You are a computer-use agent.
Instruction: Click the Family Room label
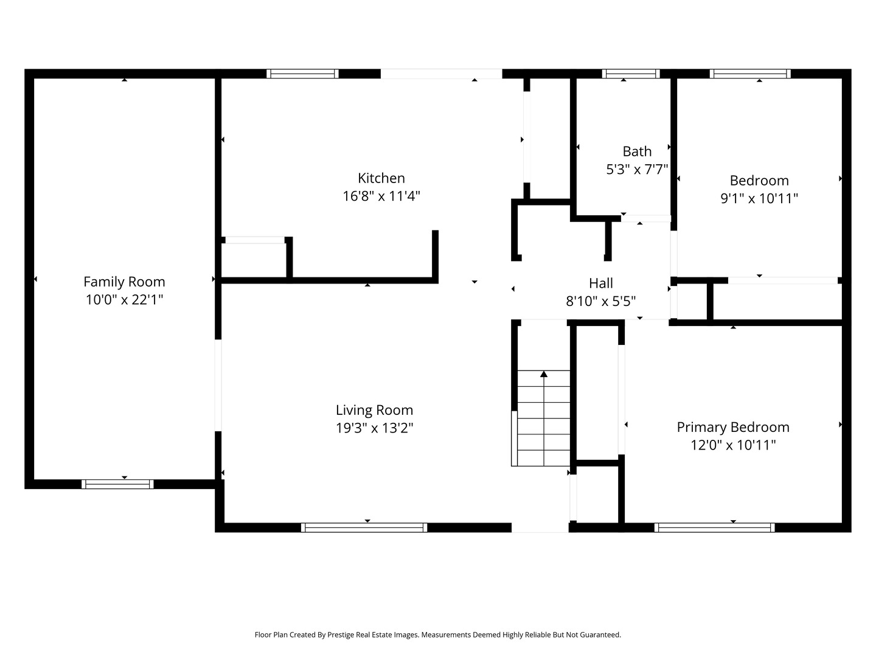coord(124,282)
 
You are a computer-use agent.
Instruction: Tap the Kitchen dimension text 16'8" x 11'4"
coord(381,196)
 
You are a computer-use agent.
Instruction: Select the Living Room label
coord(374,410)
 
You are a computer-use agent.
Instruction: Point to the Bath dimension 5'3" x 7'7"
coord(637,169)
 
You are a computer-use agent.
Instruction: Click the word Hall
coord(600,283)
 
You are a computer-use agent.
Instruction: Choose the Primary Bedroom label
coord(732,427)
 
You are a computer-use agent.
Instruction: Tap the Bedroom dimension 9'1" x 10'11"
coord(759,198)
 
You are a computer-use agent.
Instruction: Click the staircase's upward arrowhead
coord(544,374)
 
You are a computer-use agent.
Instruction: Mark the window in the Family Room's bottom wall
coord(117,484)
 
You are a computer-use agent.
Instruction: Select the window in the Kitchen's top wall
coord(302,74)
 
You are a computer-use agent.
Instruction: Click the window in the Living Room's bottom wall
coord(364,528)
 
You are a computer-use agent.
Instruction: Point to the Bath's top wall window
coord(631,74)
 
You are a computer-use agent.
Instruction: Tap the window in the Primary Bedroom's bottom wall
coord(714,528)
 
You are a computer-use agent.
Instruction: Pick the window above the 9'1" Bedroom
coord(750,74)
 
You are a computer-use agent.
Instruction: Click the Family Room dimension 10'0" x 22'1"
coord(124,299)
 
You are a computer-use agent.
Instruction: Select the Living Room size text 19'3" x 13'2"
coord(374,428)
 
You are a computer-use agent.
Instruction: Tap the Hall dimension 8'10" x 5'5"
coord(600,301)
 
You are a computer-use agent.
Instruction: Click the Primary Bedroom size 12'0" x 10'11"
coord(732,445)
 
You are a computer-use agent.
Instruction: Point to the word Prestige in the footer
coord(341,634)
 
